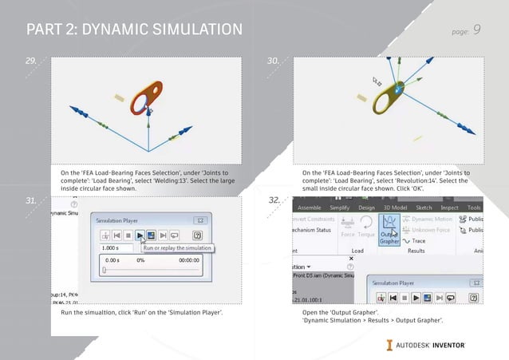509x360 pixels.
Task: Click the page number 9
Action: [476, 30]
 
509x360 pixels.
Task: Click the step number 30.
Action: [273, 61]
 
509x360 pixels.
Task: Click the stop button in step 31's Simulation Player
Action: [128, 235]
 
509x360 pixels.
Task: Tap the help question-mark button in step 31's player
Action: [196, 235]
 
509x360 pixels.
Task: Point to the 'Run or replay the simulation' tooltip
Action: [177, 248]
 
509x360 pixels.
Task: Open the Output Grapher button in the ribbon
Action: [389, 229]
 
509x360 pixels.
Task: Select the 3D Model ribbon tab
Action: [396, 208]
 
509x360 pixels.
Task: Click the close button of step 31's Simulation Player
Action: [201, 220]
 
